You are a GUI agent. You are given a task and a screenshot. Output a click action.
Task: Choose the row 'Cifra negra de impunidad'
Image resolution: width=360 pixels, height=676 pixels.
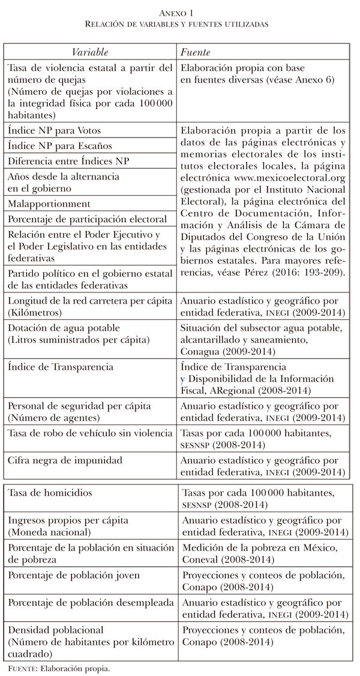click(x=64, y=460)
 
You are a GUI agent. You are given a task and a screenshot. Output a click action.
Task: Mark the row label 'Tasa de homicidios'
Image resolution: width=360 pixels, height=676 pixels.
click(x=50, y=492)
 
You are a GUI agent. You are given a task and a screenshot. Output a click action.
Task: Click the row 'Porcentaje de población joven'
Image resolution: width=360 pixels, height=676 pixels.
click(x=73, y=575)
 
